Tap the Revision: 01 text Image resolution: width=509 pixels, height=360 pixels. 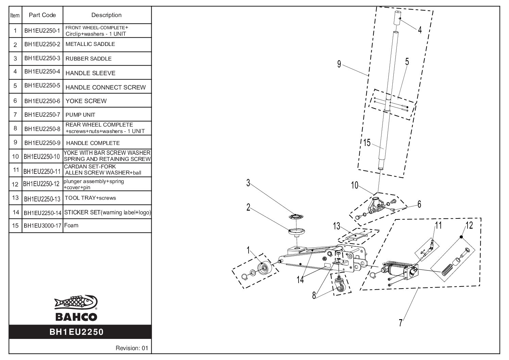pos(132,348)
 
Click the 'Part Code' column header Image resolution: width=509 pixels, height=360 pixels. pos(42,15)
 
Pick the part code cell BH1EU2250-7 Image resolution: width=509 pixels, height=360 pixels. pos(42,115)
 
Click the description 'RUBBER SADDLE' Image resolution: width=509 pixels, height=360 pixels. pos(88,59)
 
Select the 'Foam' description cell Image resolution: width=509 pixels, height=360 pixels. pos(71,225)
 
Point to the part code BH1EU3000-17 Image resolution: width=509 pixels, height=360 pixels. pos(42,225)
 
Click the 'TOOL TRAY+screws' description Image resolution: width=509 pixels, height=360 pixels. pos(90,198)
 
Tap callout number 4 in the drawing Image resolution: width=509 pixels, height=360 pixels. pos(420,30)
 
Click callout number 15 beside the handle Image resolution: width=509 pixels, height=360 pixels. pos(367,143)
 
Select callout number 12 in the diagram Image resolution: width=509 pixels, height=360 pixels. pos(469,226)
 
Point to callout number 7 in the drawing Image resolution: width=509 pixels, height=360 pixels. pos(401,322)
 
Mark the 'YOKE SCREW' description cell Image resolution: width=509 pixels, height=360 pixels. pos(86,101)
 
